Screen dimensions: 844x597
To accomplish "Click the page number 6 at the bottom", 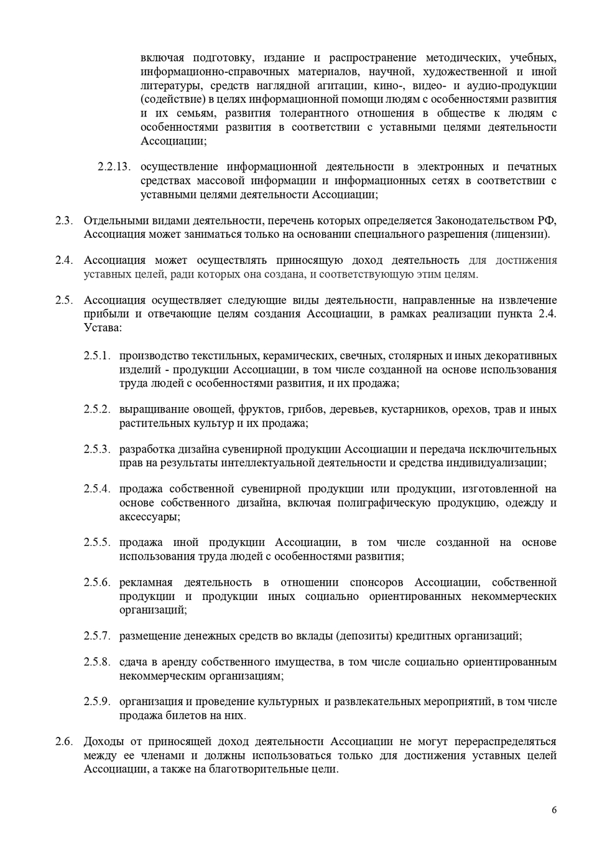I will [x=554, y=810].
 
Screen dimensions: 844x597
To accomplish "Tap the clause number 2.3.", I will [x=64, y=220].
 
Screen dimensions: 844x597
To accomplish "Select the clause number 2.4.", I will [x=64, y=260].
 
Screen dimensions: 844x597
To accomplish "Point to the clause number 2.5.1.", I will [x=97, y=356].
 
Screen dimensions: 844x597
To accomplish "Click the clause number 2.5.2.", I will [x=97, y=410].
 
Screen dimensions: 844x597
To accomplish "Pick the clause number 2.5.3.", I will [x=97, y=449].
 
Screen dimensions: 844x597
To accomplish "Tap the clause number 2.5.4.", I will [x=97, y=489].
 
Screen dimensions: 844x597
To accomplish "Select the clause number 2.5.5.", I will [x=97, y=543].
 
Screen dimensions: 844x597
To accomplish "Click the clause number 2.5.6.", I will [x=97, y=583].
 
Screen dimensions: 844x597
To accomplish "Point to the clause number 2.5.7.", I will [x=97, y=636].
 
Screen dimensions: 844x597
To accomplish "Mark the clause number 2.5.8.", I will [x=97, y=662].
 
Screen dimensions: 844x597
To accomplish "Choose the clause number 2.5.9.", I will [x=97, y=702].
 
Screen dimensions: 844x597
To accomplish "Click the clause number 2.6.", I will [x=64, y=742].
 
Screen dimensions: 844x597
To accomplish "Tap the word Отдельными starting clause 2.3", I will [x=114, y=220].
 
